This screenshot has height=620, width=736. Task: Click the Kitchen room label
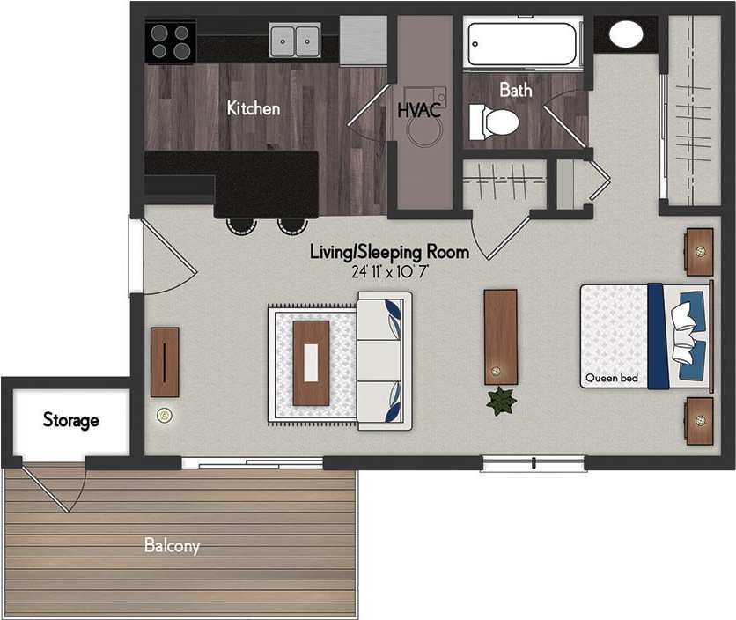[x=254, y=108]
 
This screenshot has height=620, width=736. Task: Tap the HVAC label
[x=419, y=111]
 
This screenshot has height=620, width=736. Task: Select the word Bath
[x=516, y=89]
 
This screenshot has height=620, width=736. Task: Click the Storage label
[x=71, y=420]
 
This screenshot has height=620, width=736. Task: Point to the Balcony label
[x=172, y=546]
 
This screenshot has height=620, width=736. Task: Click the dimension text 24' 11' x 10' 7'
[x=389, y=271]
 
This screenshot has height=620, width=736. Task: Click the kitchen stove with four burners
[x=170, y=41]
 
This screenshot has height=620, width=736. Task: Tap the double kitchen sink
[x=294, y=40]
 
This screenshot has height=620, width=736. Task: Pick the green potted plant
[x=502, y=402]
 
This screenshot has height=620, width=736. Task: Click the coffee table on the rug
[x=311, y=363]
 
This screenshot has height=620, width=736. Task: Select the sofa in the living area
[x=383, y=361]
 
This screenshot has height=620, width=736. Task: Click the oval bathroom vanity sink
[x=627, y=35]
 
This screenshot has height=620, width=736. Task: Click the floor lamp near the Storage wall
[x=163, y=415]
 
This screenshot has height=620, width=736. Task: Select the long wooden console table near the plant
[x=500, y=336]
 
